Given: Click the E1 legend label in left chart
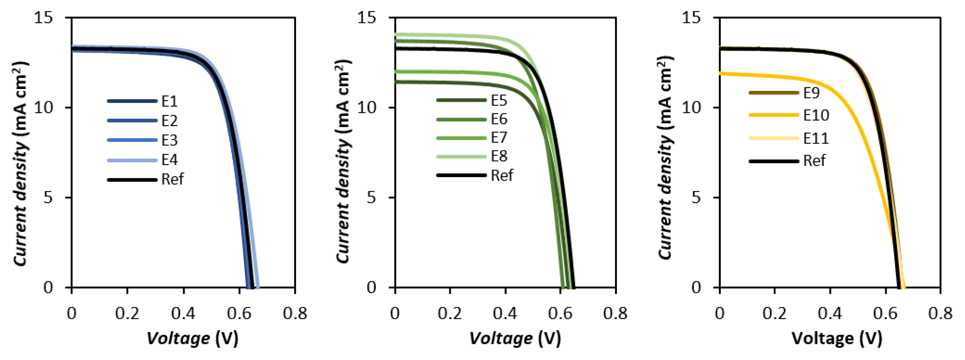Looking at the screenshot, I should (x=169, y=101).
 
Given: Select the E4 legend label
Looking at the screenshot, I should (x=169, y=160).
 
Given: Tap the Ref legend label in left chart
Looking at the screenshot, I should (x=172, y=179).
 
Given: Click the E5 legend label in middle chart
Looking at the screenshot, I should (x=499, y=101).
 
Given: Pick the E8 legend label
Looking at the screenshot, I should (x=499, y=156).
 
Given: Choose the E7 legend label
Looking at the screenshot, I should (x=499, y=138).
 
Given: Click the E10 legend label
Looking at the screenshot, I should (x=816, y=115).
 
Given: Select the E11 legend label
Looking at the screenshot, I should (x=816, y=138).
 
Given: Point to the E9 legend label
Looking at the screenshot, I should (x=811, y=93).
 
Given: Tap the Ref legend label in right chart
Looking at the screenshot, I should (x=814, y=161).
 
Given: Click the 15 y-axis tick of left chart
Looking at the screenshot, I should (x=43, y=18).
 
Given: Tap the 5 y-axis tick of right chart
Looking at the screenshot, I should (x=696, y=197).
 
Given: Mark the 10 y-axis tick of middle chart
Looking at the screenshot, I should (x=366, y=107).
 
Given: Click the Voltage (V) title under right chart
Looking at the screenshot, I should (x=837, y=338).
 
